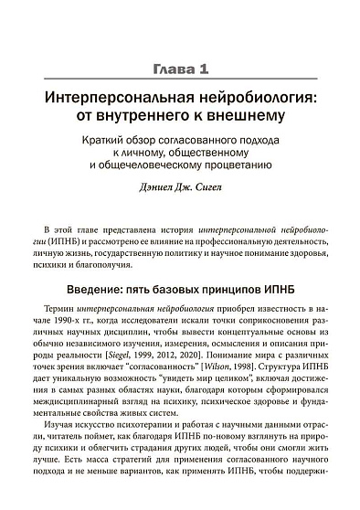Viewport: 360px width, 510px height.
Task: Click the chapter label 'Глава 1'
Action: (180, 68)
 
